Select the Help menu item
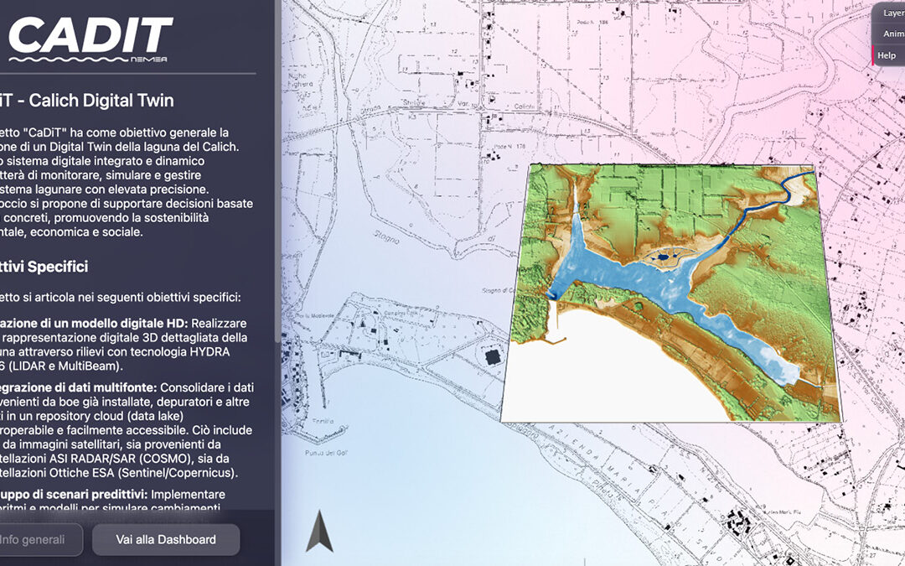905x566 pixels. coord(887,55)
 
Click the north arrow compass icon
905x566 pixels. coord(319,532)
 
